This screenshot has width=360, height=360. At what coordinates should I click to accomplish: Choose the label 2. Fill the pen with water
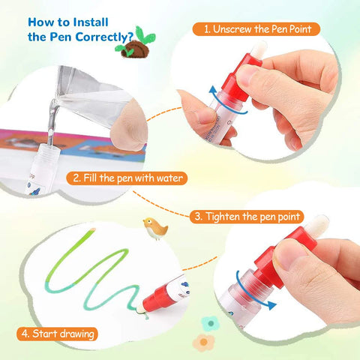(127, 178)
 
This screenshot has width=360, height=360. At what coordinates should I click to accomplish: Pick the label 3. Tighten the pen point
(247, 215)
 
